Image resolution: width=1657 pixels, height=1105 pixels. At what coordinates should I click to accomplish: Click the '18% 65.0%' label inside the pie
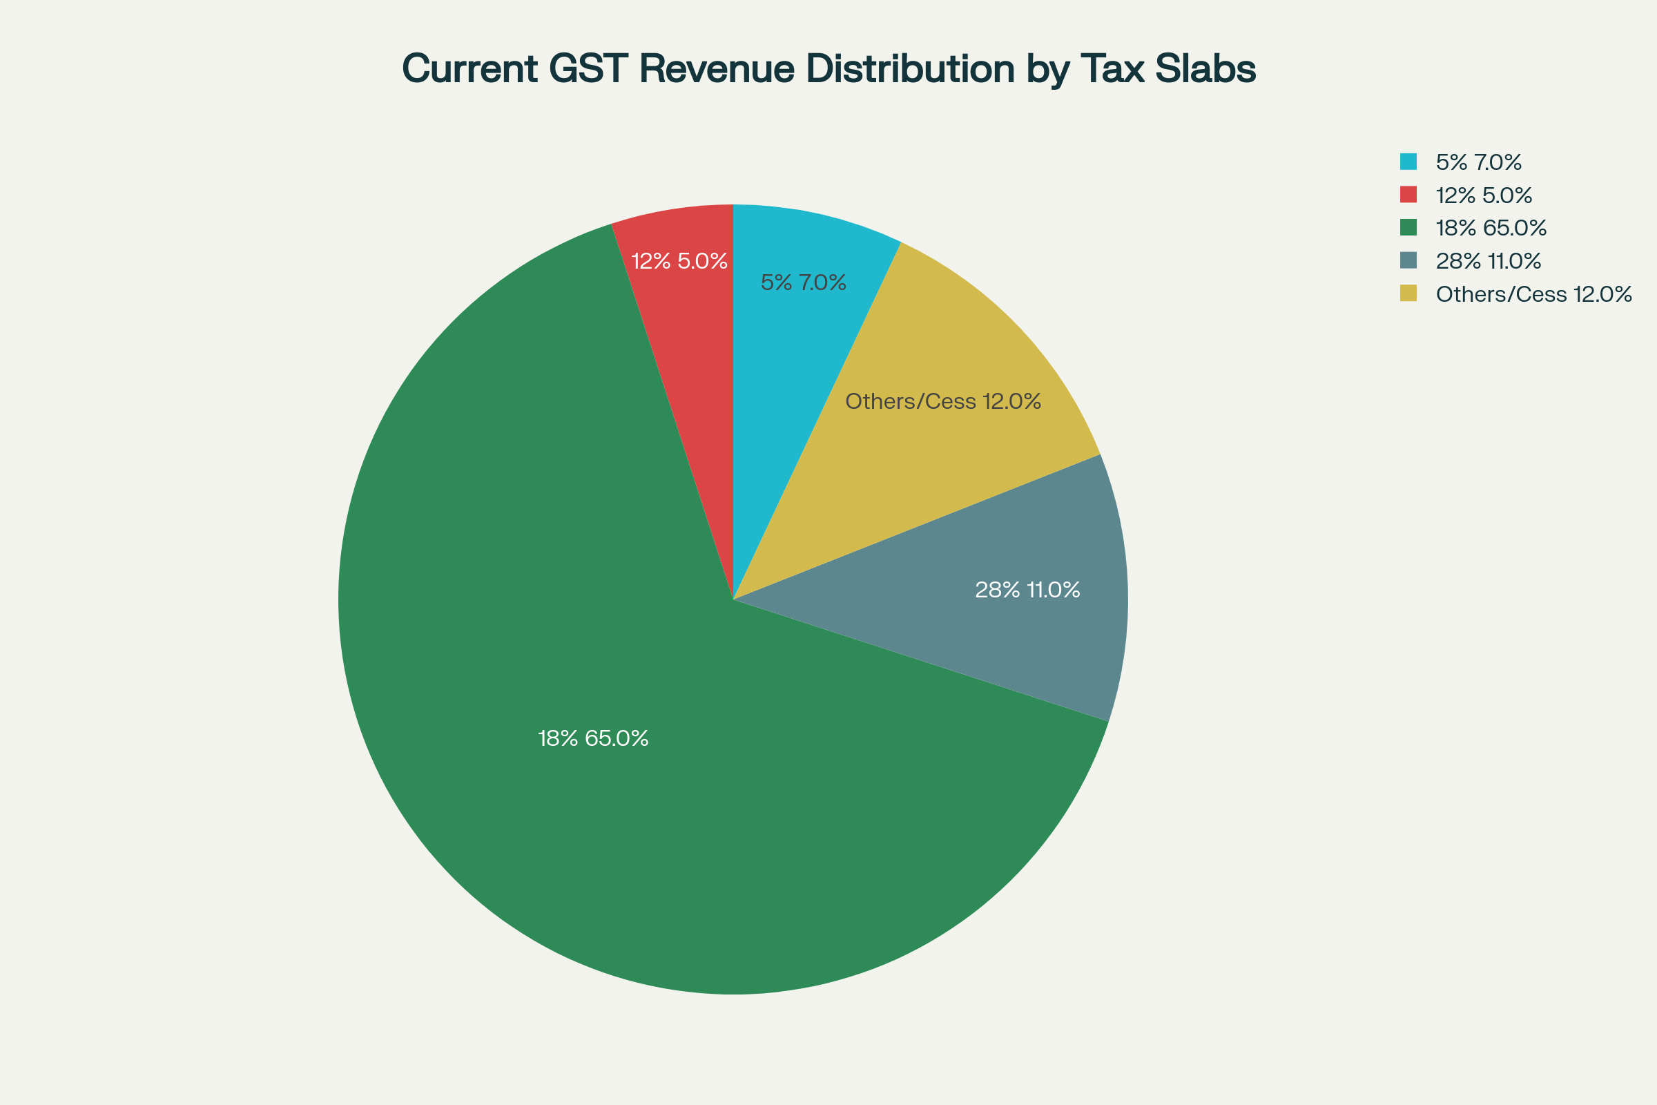(x=592, y=738)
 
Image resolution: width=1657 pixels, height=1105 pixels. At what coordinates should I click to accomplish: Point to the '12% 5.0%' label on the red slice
(x=679, y=262)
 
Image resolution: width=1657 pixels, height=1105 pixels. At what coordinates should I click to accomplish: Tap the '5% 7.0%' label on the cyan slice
(x=803, y=282)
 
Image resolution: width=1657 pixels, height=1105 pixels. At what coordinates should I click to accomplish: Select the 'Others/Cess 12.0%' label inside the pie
(x=942, y=402)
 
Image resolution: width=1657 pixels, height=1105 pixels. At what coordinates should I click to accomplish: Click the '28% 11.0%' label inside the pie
(x=1027, y=590)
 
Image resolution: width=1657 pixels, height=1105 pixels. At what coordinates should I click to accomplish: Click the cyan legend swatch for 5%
(x=1408, y=162)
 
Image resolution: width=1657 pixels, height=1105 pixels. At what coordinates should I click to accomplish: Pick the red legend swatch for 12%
(x=1408, y=195)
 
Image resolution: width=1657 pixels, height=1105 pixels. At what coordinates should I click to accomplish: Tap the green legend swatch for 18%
(x=1408, y=228)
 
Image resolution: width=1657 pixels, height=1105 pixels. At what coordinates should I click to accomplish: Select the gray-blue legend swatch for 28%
(x=1408, y=261)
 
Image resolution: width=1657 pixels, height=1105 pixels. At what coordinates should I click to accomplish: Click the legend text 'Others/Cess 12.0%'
(x=1533, y=294)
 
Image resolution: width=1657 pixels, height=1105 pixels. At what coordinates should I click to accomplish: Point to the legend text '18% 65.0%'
(x=1491, y=228)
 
